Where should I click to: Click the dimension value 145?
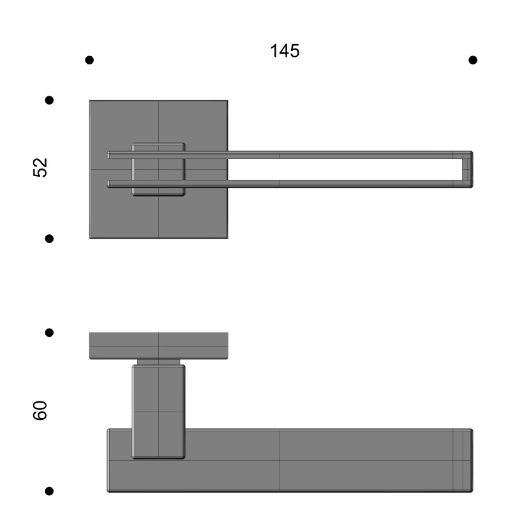(x=285, y=51)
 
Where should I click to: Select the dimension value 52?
(x=40, y=168)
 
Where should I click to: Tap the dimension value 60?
(x=40, y=410)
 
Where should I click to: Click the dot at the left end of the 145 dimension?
(x=89, y=60)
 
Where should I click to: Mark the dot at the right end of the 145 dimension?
(x=473, y=60)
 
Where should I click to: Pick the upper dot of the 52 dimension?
(x=49, y=100)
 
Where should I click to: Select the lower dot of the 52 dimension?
(x=49, y=239)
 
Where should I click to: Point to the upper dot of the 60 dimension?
(x=49, y=332)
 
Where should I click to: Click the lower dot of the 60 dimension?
(x=49, y=491)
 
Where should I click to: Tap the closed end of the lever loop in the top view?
(x=467, y=169)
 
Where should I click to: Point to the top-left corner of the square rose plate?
(x=91, y=101)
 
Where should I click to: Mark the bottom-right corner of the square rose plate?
(x=227, y=237)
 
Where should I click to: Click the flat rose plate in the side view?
(x=158, y=345)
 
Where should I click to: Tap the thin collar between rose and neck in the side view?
(x=158, y=362)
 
